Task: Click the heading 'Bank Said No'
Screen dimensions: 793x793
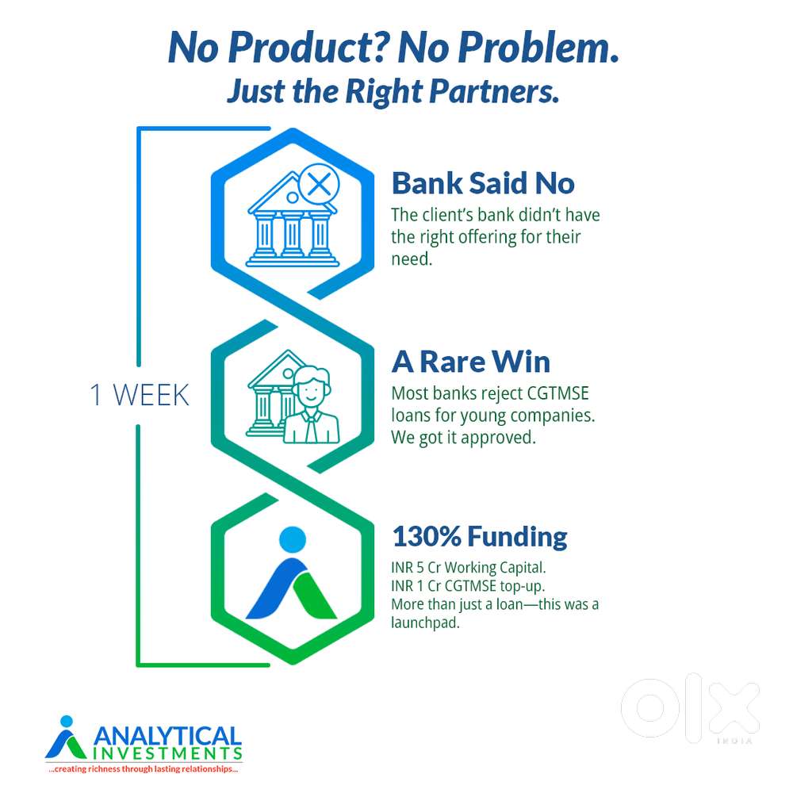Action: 482,183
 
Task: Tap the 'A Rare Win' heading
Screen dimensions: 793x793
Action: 470,362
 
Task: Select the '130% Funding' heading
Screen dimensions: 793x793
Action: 480,537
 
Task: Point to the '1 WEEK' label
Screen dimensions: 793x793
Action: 140,395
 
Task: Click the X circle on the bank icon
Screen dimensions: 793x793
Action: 318,186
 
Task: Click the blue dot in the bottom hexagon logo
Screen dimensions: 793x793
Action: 293,540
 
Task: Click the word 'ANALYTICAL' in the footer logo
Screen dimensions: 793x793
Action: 167,734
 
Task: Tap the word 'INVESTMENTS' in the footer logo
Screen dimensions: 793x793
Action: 167,752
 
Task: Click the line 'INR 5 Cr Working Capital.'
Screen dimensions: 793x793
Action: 469,569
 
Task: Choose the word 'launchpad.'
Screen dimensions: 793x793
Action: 426,623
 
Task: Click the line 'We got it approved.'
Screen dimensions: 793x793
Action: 463,437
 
